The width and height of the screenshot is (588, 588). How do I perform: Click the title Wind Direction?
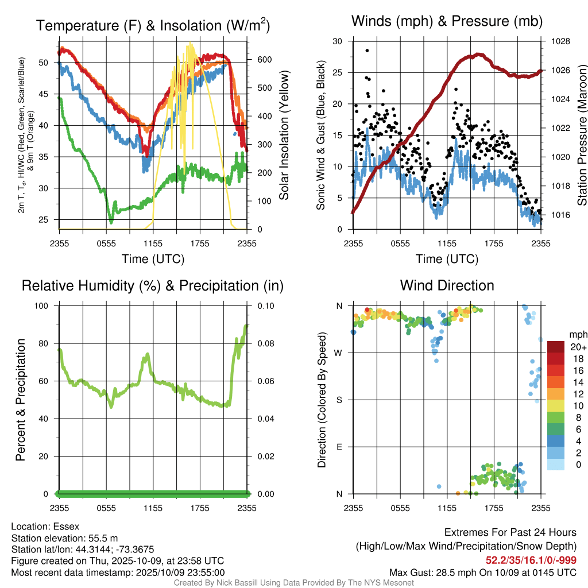point(447,285)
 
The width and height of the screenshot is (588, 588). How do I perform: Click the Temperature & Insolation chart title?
point(153,26)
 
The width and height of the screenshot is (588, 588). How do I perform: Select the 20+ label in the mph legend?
point(577,347)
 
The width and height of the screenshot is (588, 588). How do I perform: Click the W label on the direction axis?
point(338,353)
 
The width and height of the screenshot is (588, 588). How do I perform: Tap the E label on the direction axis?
point(339,447)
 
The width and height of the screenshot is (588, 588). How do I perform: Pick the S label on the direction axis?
point(339,400)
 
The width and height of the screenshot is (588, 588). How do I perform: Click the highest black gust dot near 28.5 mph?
point(367,51)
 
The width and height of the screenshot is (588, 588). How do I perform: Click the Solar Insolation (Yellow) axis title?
point(284,136)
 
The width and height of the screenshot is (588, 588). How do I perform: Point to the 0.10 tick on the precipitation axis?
point(261,306)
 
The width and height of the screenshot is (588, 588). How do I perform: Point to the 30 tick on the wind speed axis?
point(338,41)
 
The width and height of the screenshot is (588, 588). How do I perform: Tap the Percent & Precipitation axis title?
point(21,400)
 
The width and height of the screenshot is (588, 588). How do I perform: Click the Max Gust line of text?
point(483,572)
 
